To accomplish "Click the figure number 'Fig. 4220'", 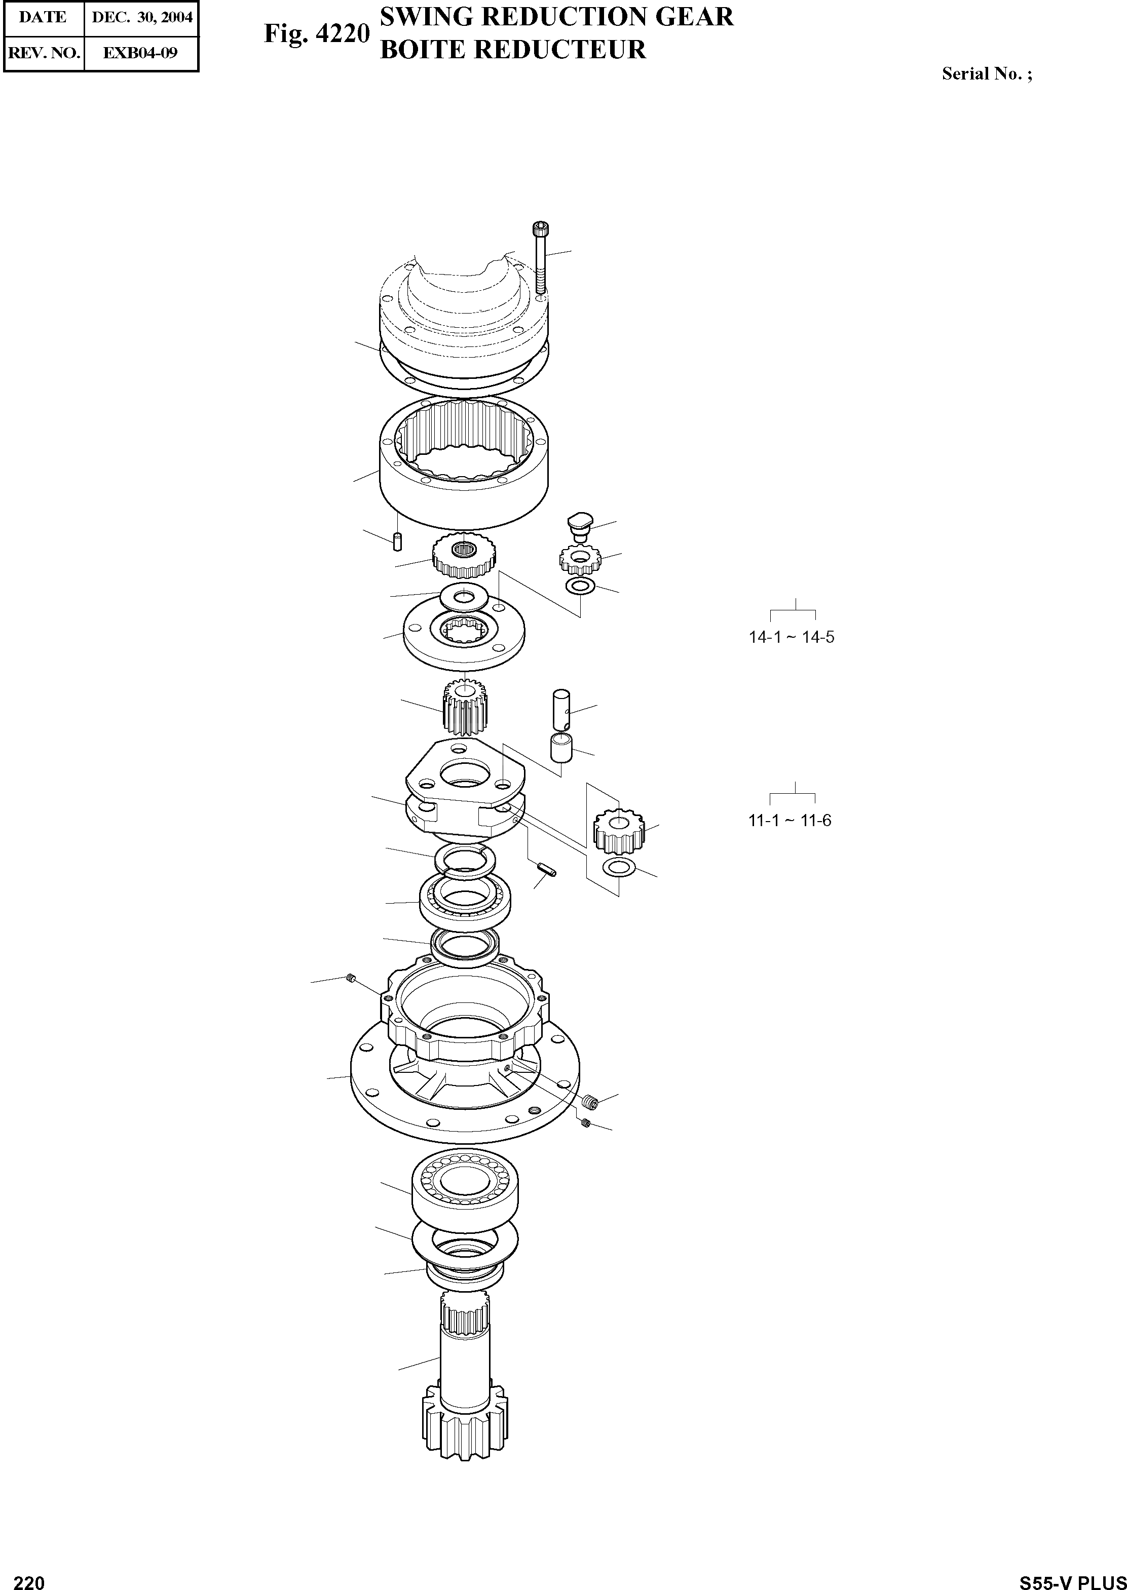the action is click(x=316, y=34).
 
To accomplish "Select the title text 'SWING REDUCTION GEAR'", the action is click(x=556, y=17).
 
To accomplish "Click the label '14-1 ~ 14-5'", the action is click(x=791, y=637).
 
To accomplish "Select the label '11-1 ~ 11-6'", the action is click(x=789, y=821).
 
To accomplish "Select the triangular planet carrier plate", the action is click(x=464, y=793).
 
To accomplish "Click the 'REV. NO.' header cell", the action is click(x=43, y=53).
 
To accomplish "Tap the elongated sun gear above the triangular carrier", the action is click(x=464, y=706).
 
